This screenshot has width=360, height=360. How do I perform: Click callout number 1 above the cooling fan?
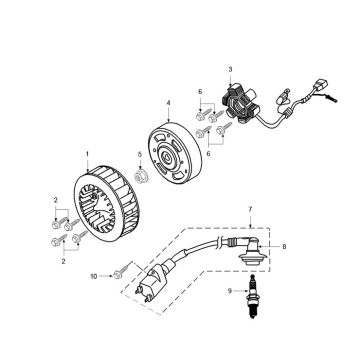(x=87, y=153)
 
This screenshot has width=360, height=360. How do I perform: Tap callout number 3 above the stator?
(x=230, y=69)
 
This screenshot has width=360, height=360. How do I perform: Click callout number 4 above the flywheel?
(x=168, y=103)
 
